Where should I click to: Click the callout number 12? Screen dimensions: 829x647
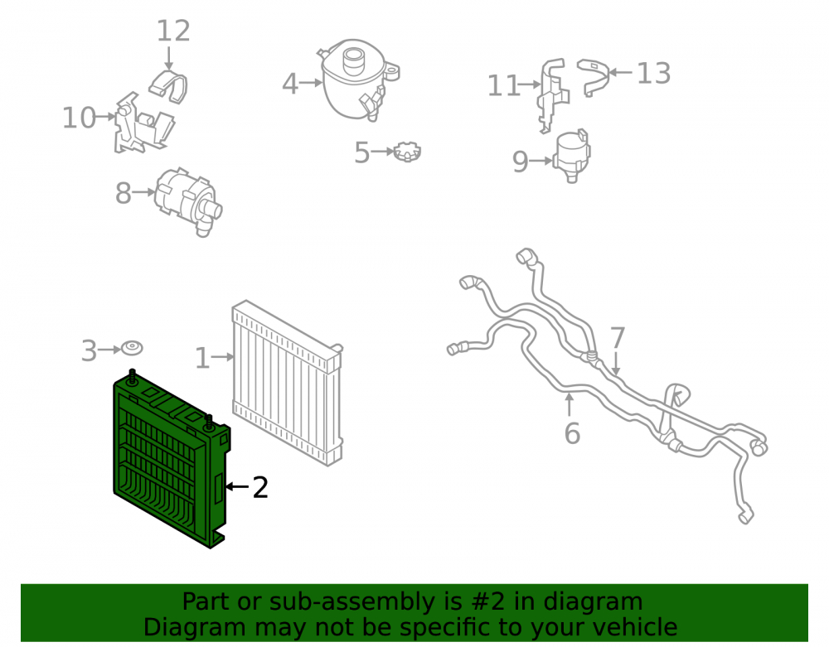coord(173,31)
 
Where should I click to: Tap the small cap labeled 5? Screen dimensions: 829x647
coord(406,152)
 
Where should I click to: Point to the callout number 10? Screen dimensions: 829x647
coord(79,118)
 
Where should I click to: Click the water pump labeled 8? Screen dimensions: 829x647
coord(187,200)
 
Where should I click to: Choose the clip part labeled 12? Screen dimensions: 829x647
coord(168,86)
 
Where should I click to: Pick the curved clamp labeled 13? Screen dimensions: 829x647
coord(593,76)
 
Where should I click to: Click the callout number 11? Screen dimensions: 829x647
coord(503,85)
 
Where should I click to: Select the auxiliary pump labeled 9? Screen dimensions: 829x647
coord(571,155)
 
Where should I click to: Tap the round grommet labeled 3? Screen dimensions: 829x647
coord(132,348)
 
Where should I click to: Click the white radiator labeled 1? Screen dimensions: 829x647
coord(287,383)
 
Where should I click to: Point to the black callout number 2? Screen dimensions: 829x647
coord(260,487)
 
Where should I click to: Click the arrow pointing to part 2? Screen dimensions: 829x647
coord(237,486)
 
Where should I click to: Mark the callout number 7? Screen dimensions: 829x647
coord(618,338)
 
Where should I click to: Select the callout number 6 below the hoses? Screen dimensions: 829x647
coord(572,433)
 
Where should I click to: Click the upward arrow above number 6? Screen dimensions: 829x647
coord(569,405)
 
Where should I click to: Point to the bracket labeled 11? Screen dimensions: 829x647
coord(553,95)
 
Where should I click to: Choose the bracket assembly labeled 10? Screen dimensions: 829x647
coord(143,123)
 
